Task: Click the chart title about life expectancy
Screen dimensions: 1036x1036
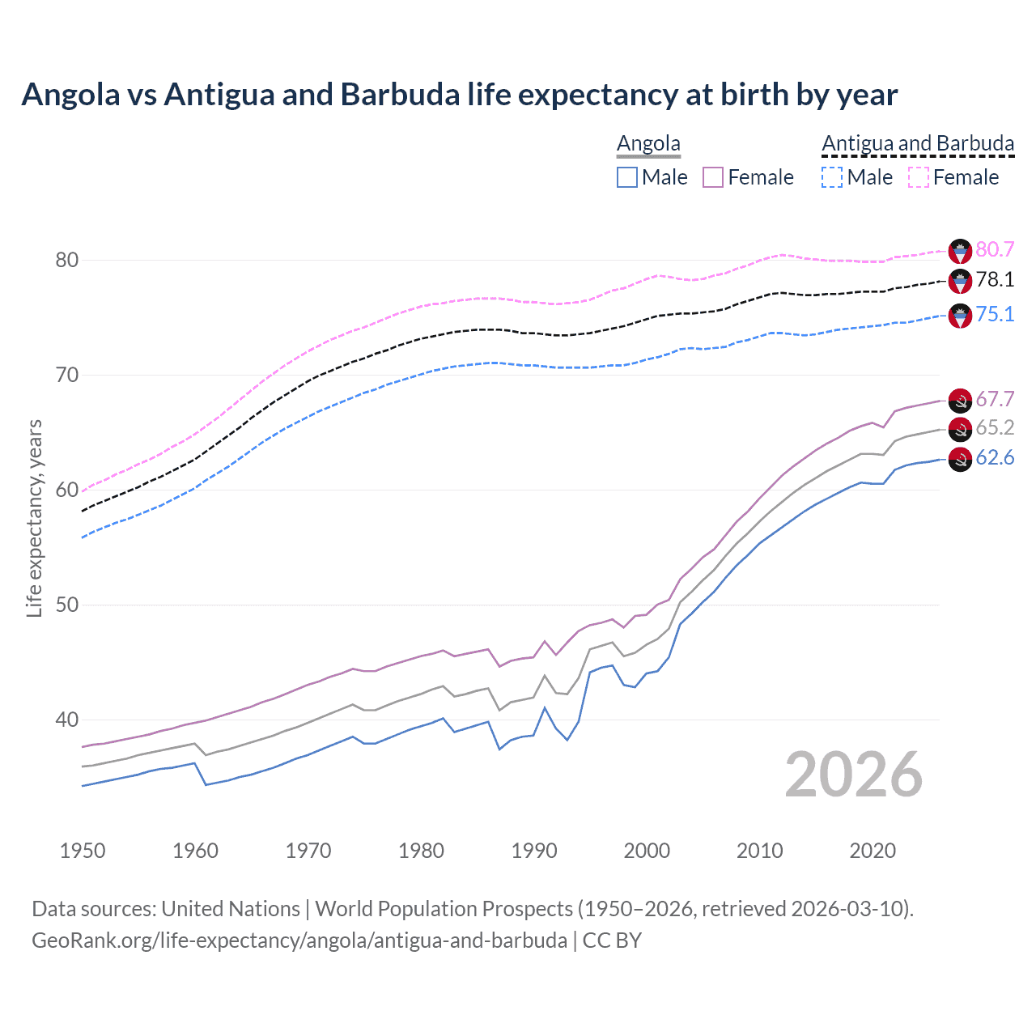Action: click(459, 95)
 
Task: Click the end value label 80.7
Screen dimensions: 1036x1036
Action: click(995, 249)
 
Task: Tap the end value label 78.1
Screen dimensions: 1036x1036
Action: click(995, 279)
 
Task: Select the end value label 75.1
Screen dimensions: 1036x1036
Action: click(995, 314)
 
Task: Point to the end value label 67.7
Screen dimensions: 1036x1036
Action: click(995, 399)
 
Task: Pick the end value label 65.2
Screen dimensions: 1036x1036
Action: click(995, 427)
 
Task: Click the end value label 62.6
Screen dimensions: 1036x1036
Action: click(995, 458)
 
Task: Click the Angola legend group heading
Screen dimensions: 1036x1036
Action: click(648, 143)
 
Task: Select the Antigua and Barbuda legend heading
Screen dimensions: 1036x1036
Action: click(918, 143)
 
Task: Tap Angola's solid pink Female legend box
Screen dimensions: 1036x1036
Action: click(713, 177)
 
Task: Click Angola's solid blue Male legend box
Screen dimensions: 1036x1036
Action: click(627, 177)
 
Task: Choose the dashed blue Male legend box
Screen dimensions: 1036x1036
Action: click(832, 177)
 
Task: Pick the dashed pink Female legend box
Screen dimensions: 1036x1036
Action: click(919, 177)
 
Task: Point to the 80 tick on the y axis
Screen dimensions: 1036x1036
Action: click(67, 260)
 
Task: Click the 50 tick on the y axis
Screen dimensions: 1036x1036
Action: click(67, 605)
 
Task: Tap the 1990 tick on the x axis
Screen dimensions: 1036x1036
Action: click(534, 851)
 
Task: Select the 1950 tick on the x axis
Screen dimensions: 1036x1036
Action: click(83, 851)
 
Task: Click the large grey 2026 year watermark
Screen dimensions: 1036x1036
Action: click(853, 775)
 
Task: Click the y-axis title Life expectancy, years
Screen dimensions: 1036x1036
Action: click(34, 518)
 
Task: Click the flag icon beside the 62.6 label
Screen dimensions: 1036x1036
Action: click(960, 459)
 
